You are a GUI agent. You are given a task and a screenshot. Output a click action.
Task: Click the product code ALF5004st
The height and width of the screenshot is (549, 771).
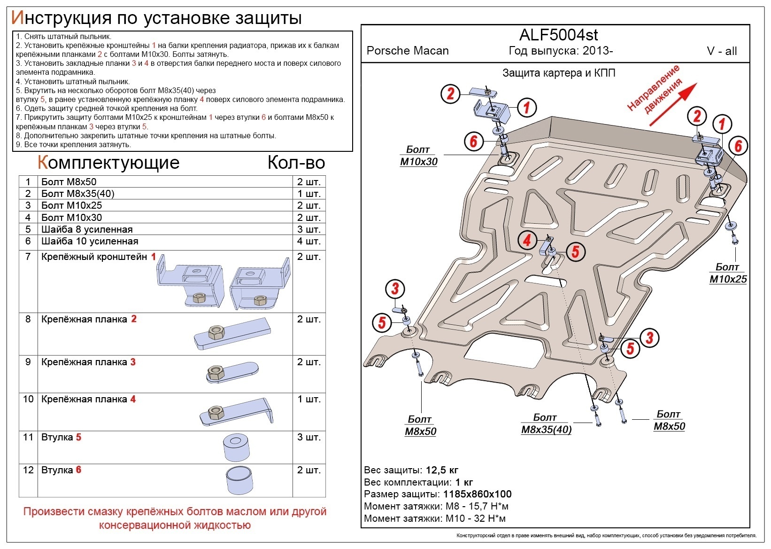(x=558, y=35)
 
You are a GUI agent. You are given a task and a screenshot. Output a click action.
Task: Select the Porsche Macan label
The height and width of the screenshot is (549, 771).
(x=408, y=51)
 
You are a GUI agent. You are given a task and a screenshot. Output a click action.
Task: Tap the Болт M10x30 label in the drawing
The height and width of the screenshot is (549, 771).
(x=418, y=156)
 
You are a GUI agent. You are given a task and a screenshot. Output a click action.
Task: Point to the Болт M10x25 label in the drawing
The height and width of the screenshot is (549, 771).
(x=727, y=273)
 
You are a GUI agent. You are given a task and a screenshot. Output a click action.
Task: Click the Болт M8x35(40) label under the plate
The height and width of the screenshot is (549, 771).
(x=546, y=424)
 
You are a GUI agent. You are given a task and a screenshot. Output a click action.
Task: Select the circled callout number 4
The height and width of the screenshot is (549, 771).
(x=527, y=240)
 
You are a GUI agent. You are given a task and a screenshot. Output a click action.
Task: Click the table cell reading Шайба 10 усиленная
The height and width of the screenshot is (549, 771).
(x=90, y=241)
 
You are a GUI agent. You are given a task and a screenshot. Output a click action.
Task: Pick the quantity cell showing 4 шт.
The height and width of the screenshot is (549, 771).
(x=308, y=241)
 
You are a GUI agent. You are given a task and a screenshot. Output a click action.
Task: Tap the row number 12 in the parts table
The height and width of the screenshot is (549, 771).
(x=28, y=470)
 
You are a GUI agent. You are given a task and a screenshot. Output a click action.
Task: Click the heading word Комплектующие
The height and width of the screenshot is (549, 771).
(x=108, y=163)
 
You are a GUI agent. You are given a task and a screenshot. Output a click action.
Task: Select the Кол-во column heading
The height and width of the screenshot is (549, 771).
(x=296, y=163)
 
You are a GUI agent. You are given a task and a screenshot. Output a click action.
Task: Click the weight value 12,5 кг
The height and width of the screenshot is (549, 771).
(x=441, y=470)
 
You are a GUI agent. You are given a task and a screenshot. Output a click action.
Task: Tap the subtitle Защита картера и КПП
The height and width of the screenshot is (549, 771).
(x=558, y=73)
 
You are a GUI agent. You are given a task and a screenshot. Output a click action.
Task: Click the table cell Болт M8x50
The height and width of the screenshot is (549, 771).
(x=69, y=182)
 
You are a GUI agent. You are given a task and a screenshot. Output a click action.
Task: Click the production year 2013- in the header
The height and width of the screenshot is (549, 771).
(x=598, y=51)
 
